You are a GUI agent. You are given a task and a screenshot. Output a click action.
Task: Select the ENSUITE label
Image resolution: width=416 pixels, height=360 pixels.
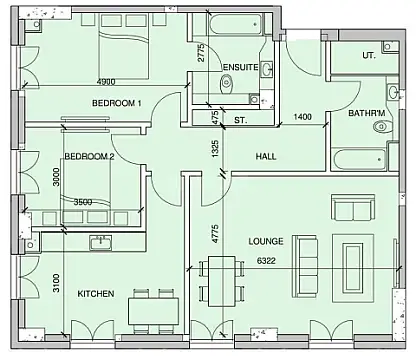(240, 67)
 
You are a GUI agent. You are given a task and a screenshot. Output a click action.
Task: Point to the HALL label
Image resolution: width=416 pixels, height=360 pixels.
(266, 157)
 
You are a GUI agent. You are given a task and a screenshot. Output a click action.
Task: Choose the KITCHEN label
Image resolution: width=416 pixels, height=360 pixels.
(96, 293)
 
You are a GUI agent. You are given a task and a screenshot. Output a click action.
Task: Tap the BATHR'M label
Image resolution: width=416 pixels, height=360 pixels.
(367, 114)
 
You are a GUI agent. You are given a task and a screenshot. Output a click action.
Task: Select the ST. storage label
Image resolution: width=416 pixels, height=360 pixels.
(241, 120)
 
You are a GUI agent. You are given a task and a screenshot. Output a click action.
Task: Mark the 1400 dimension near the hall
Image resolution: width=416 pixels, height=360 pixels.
(304, 118)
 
